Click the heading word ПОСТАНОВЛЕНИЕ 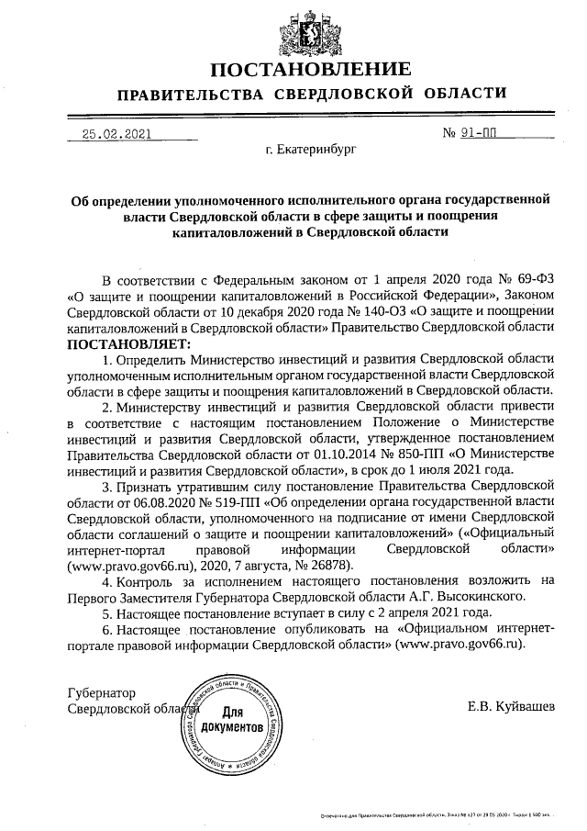tap(311, 70)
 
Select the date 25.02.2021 tap(116, 132)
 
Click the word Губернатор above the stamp tap(102, 691)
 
